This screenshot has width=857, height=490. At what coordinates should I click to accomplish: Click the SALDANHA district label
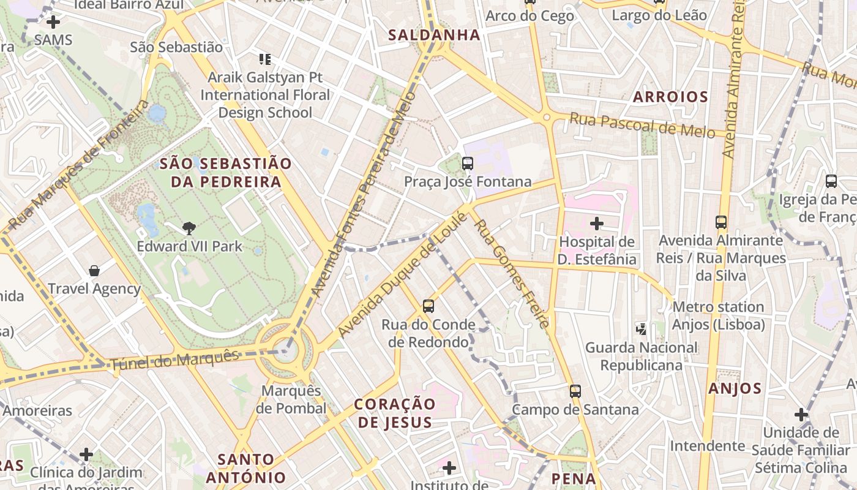point(434,35)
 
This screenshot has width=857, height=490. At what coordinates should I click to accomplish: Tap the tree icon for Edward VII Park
point(189,228)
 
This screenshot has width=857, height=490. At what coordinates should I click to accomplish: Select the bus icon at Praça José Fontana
point(468,164)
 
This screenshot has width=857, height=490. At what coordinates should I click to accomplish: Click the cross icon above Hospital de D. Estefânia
point(597,224)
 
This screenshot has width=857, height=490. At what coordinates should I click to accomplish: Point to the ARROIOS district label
point(670,96)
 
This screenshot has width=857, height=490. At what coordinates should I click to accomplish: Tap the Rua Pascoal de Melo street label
point(642,125)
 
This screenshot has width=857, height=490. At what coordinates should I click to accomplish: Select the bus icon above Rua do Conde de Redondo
point(428,306)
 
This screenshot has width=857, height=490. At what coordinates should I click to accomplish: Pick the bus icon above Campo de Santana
point(575,391)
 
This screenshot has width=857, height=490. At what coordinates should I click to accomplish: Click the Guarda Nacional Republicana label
point(642,356)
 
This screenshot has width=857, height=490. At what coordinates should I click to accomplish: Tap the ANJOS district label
point(735,388)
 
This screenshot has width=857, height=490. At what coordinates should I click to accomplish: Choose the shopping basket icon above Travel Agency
point(94,271)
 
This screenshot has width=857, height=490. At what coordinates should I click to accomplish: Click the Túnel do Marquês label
point(174,360)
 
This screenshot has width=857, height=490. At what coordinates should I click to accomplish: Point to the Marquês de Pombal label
point(291,399)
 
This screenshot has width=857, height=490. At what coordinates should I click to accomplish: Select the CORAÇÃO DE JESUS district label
point(395,413)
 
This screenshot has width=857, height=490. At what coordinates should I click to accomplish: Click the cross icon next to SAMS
point(53,22)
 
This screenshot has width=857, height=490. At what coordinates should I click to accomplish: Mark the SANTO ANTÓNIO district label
point(246,469)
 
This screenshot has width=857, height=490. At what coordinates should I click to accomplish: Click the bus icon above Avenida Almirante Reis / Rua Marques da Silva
point(721,222)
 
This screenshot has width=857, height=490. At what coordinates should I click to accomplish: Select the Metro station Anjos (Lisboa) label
point(718,315)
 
